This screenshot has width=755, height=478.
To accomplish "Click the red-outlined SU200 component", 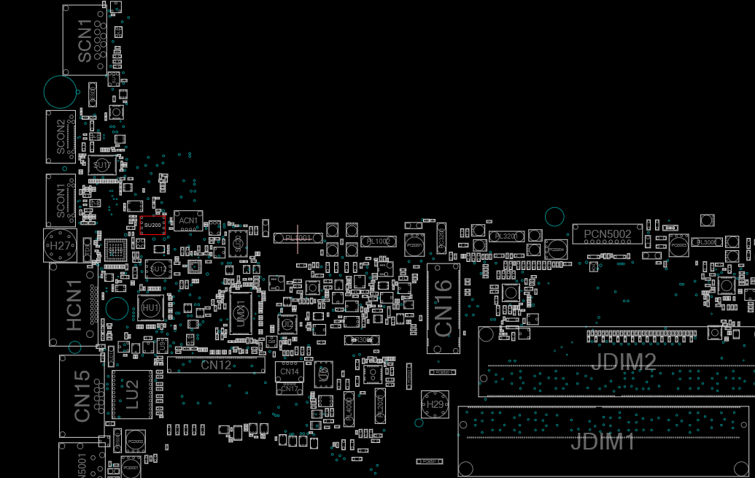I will pos(152,225).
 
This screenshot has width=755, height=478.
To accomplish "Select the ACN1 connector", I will pos(188,220).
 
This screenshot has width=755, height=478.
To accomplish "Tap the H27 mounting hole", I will pos(61,246).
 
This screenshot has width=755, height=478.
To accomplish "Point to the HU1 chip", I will pos(150,309).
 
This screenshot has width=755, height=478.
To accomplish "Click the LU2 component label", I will pos(132,394).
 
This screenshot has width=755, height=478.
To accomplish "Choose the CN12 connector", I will pos(216,365).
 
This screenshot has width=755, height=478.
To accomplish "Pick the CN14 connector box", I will pos(290,371).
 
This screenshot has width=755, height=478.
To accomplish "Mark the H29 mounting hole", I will pos(435,404).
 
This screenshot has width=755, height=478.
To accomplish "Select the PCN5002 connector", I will pos(608,234).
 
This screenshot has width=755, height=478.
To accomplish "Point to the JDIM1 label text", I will pos(602,442).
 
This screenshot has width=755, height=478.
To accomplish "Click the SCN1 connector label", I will pos(85,41).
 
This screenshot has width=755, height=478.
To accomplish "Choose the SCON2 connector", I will pos(61,136).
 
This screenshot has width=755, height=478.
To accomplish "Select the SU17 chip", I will pos(103,166).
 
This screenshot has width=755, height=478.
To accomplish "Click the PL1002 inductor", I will pos(378,242).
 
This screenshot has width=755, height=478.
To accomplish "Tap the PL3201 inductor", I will pos(506,236).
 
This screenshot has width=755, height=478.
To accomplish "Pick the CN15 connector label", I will pos(82,396).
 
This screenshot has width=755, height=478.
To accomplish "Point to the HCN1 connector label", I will pos(74,305).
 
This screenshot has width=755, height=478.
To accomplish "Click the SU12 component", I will pos(158,269).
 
